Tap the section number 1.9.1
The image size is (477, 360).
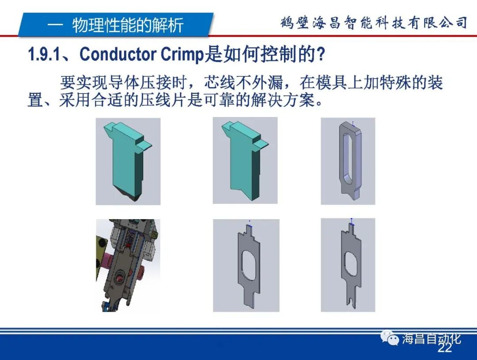pos(46,55)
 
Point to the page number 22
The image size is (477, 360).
pos(445,349)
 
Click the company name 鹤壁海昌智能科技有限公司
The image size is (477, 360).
pos(374,23)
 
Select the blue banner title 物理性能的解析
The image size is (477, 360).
pos(128,25)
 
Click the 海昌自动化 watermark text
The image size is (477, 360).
pos(432,339)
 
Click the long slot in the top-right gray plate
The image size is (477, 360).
pos(347,156)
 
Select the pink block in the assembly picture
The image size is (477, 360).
pos(106,265)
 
